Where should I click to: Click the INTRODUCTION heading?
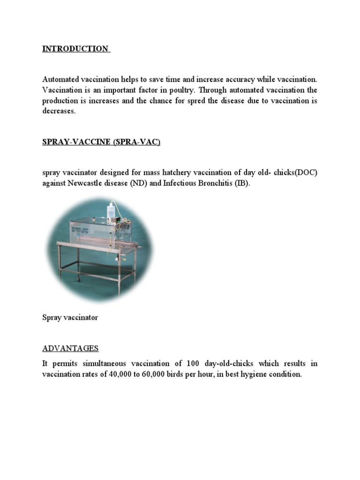[75, 49]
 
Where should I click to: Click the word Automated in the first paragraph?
[60, 80]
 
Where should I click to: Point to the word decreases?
[59, 112]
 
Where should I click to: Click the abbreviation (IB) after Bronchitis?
[242, 183]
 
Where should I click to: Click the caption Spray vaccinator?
[70, 317]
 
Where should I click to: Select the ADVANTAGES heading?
[70, 348]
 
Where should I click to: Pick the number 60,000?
[151, 374]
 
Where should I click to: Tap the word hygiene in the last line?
[260, 374]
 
